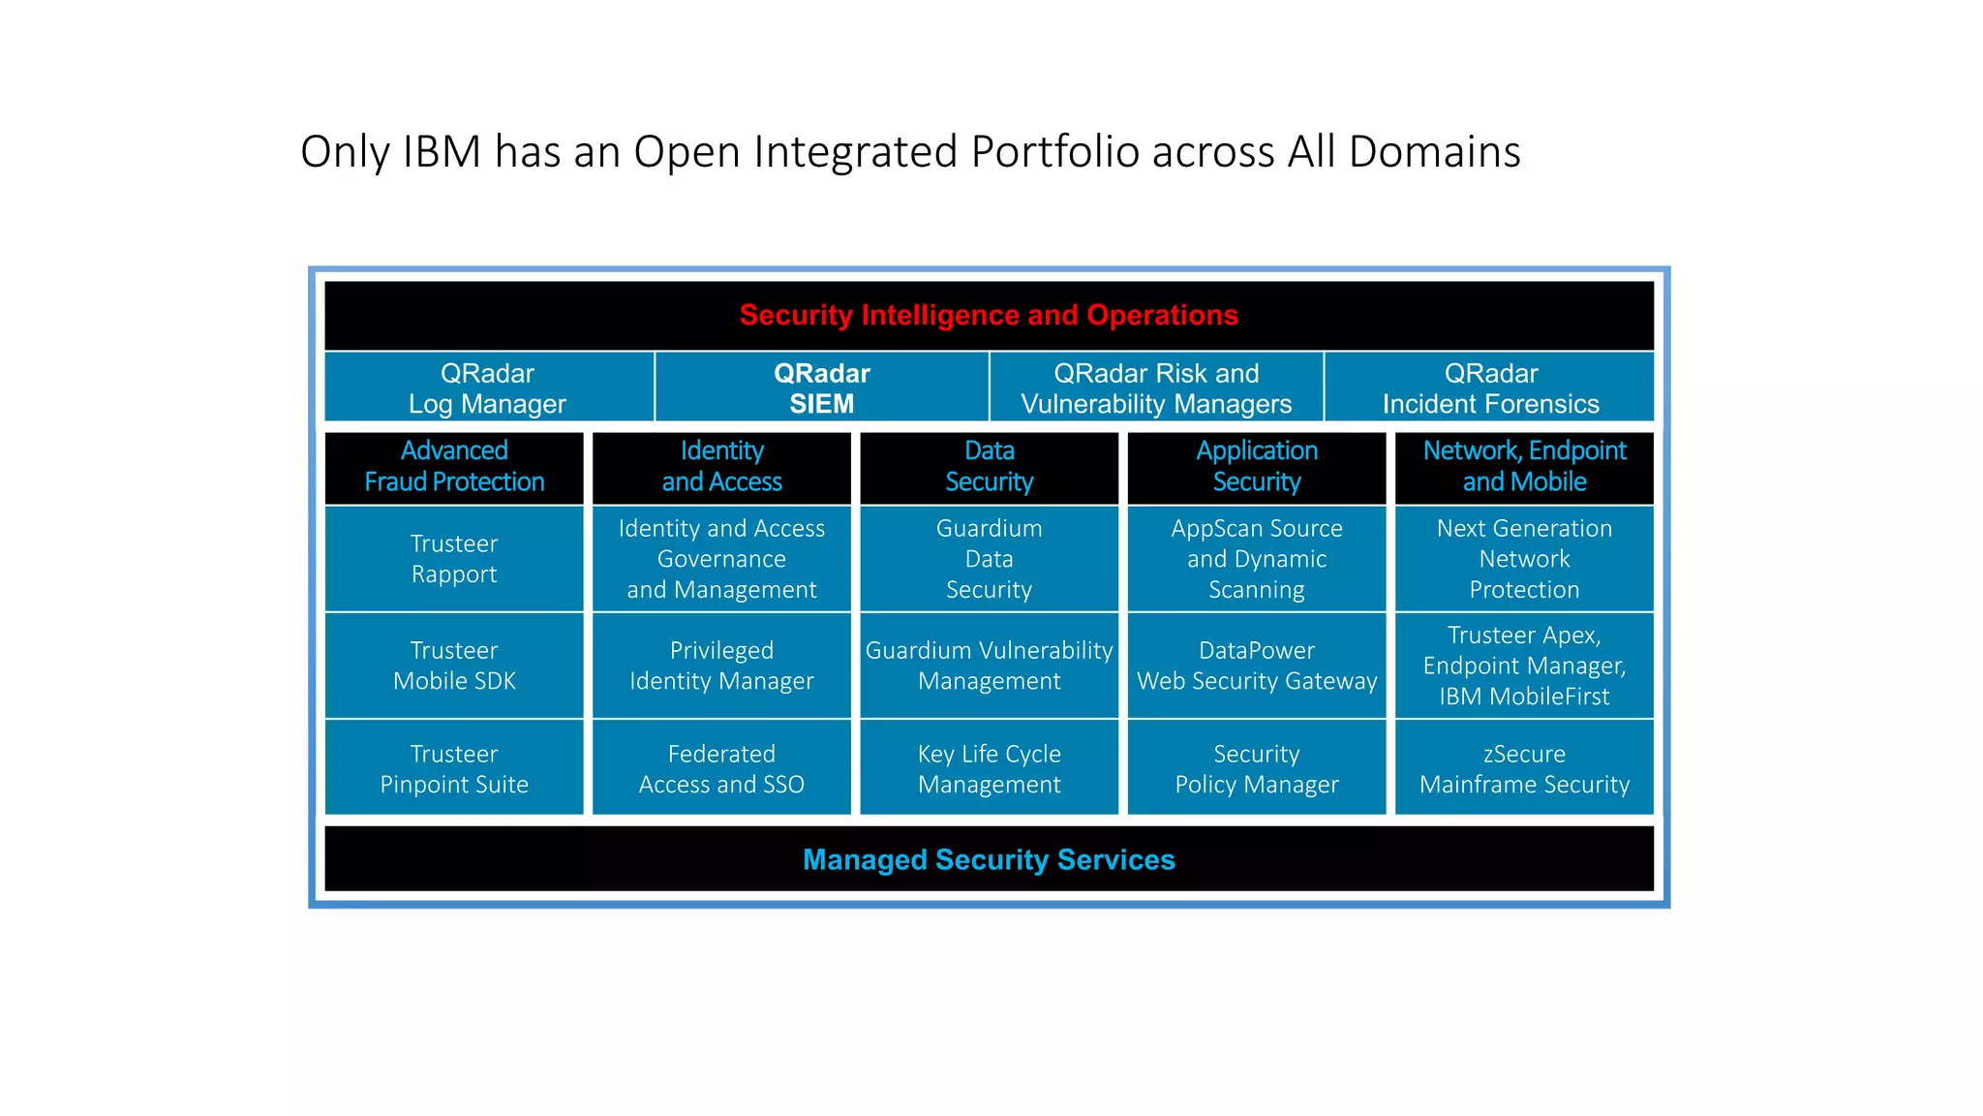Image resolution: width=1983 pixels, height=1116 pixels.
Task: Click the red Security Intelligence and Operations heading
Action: click(989, 316)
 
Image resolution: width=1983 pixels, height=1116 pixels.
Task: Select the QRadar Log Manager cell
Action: click(488, 388)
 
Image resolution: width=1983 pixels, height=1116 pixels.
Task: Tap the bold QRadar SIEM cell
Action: click(821, 388)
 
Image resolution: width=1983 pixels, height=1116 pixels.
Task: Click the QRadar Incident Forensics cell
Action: click(1490, 388)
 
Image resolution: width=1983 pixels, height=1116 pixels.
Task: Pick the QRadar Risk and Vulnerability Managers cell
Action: click(1156, 388)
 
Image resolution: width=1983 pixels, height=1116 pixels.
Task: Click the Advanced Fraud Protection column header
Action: click(454, 466)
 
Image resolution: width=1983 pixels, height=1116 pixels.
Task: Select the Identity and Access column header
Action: click(721, 466)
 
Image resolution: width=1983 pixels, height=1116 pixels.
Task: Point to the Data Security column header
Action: click(989, 466)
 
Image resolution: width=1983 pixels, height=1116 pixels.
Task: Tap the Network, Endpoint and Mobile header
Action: click(1524, 466)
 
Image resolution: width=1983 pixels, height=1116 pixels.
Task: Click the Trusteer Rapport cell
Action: click(454, 559)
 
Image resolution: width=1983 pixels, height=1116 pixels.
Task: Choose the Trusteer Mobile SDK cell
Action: click(454, 666)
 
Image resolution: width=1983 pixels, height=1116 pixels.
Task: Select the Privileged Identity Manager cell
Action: click(721, 666)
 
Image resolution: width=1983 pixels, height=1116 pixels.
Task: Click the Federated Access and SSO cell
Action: click(721, 769)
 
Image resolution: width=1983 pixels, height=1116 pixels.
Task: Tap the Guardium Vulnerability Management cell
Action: click(989, 666)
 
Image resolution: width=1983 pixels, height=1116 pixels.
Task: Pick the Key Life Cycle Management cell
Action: click(989, 769)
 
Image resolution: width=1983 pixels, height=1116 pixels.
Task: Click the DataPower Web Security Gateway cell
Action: click(1257, 666)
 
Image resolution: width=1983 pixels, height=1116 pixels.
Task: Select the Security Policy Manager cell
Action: click(1257, 769)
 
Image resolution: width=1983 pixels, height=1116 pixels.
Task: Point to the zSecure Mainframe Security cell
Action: click(1524, 769)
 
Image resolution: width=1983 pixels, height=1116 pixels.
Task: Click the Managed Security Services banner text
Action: click(989, 860)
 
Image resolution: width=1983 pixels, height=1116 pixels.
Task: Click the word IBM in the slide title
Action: click(442, 152)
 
